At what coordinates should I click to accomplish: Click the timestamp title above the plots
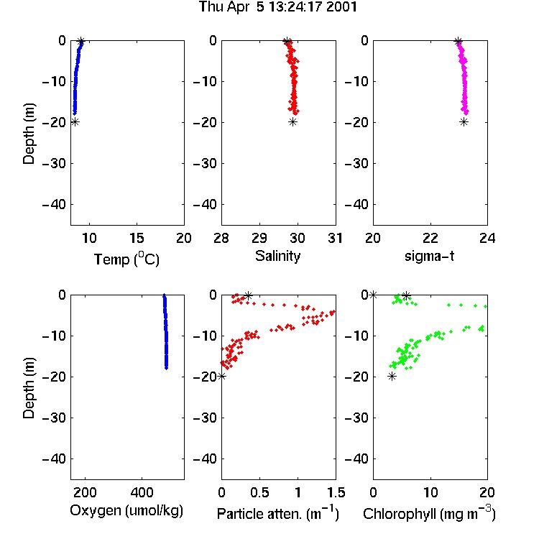coord(277,7)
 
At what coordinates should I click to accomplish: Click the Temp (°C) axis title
coord(126,259)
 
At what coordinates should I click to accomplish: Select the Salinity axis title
coord(277,256)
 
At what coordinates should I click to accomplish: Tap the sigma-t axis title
coord(429,256)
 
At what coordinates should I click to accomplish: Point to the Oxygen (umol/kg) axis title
coord(126,511)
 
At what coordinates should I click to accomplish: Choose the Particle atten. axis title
coord(277,513)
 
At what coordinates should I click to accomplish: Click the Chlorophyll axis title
coord(429,513)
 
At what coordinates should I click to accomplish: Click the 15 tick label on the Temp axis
coord(137,238)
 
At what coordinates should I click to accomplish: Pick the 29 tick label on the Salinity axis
coord(259,238)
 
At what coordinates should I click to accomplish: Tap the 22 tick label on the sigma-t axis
coord(430,238)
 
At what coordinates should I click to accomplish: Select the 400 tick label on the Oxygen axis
coord(142,492)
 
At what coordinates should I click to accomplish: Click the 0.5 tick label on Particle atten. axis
coord(259,492)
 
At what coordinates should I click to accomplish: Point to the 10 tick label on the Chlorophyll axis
coord(430,492)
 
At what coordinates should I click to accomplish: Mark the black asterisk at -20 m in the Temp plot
coord(75,122)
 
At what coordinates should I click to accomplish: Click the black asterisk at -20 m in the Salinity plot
coord(292,122)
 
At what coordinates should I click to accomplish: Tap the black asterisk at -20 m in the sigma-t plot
coord(464,122)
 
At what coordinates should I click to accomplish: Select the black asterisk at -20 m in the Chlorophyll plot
coord(392,377)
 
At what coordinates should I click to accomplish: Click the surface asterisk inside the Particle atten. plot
coord(248,295)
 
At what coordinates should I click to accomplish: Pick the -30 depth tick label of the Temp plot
coord(54,163)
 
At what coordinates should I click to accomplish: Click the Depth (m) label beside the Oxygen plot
coord(29,388)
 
